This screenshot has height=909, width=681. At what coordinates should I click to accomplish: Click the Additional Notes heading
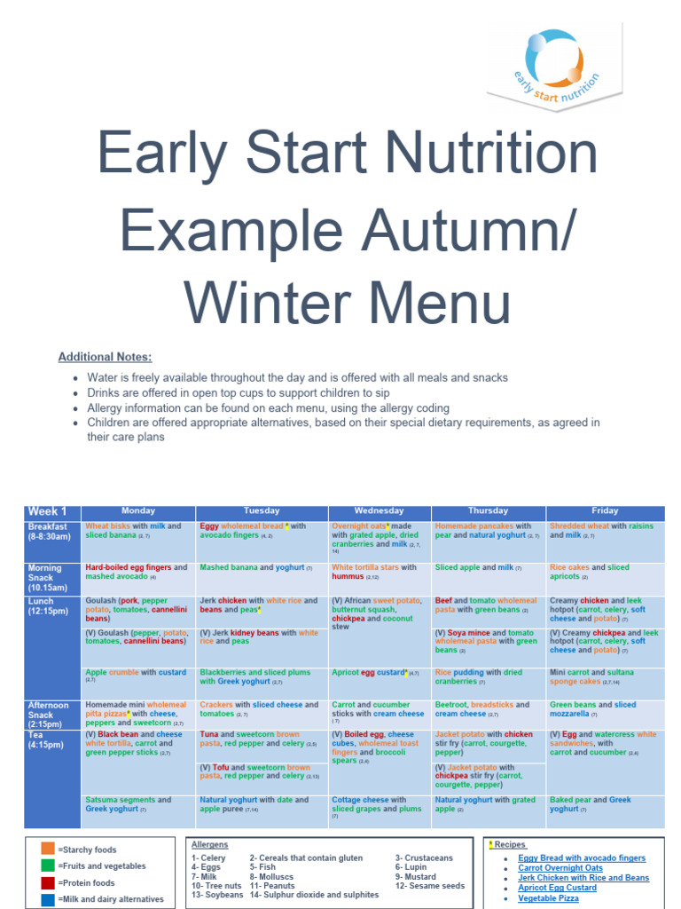point(105,357)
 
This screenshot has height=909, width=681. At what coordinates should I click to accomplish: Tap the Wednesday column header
point(379,511)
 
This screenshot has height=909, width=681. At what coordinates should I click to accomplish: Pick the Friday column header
point(605,511)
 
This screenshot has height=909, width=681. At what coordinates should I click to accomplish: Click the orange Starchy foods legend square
point(48,849)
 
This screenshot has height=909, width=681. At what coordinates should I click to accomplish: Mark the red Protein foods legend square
point(48,882)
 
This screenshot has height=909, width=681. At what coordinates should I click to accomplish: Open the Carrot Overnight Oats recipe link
point(560,868)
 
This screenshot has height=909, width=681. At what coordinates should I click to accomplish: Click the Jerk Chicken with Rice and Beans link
point(583,878)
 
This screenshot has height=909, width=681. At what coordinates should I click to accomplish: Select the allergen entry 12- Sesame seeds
point(430,886)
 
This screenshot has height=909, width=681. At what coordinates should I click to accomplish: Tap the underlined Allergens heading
point(210,844)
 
